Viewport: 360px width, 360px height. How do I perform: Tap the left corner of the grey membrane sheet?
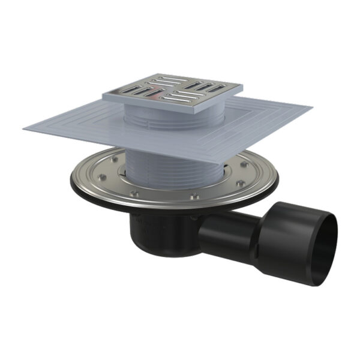pyautogui.click(x=24, y=127)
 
